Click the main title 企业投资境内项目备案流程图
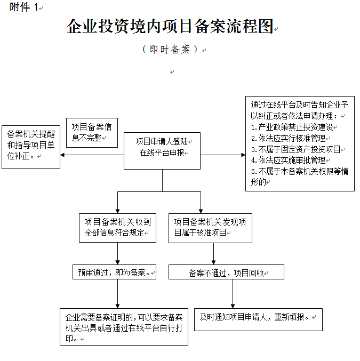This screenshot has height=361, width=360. pos(170,26)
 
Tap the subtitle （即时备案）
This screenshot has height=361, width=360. pos(171,50)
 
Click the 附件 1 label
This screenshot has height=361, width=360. pos(25,7)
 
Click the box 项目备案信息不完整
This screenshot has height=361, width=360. pos(92,132)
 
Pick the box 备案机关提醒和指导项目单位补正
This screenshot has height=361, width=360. pos(31,147)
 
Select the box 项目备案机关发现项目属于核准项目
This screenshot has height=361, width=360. pos(210,228)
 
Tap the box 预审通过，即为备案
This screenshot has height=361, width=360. pos(115,272)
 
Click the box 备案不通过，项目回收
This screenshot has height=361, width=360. pos(226,272)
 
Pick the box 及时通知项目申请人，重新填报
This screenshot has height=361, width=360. pos(258,317)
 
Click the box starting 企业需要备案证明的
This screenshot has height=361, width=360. pos(124,326)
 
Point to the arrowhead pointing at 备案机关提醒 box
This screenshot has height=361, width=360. pos(63,155)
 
